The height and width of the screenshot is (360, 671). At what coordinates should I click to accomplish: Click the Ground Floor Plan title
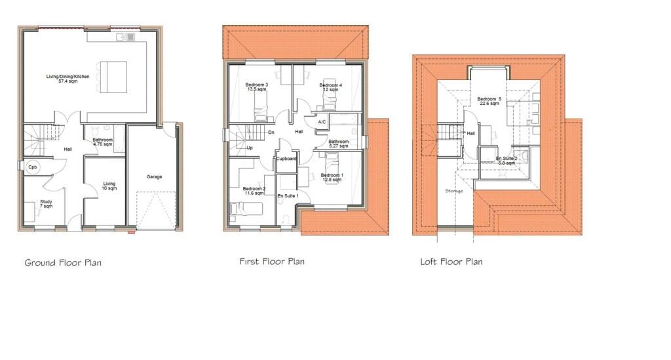(63, 263)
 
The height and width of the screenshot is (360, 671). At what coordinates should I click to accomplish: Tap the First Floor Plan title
(272, 262)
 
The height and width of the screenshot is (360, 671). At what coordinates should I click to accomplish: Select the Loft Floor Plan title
(451, 262)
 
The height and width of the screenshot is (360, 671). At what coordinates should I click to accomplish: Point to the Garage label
(154, 176)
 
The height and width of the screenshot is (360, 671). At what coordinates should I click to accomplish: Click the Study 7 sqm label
(45, 204)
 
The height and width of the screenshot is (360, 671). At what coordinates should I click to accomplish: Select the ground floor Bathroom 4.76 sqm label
(103, 142)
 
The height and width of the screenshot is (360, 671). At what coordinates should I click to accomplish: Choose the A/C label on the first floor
(322, 122)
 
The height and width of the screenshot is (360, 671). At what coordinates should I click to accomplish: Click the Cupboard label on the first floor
(287, 159)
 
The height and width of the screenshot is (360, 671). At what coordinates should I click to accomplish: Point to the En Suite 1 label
(288, 195)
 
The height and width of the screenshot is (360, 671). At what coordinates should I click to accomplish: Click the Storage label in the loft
(454, 191)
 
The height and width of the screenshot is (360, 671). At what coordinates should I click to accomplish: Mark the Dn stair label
(271, 132)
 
